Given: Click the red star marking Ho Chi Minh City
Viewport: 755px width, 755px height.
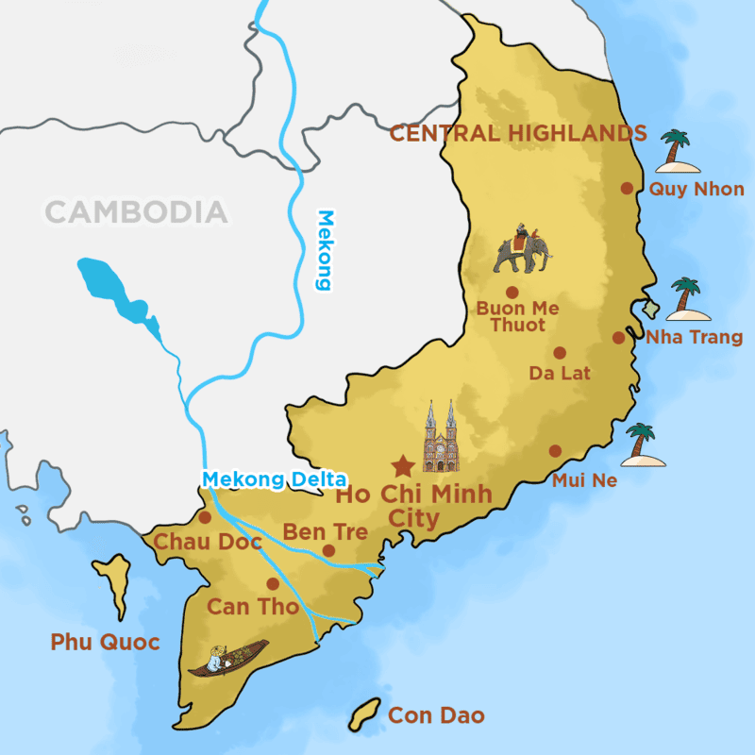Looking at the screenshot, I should coord(403,465).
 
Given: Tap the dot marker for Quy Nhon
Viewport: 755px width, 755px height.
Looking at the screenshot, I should coord(627,188).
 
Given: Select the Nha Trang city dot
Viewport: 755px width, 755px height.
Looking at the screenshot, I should coord(618,337).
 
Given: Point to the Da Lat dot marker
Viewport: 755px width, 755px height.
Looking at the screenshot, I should coord(560,353).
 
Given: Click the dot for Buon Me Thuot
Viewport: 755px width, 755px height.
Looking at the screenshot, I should coord(512,293).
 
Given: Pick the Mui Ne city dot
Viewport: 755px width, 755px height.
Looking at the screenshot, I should coord(555,450).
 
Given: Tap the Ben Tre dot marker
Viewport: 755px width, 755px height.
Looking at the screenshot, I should coord(328,550).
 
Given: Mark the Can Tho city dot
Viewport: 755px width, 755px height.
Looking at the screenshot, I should coord(273,583).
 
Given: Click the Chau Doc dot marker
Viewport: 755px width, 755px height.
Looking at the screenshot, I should coord(206,517).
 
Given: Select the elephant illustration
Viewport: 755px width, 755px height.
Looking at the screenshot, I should coord(522,249).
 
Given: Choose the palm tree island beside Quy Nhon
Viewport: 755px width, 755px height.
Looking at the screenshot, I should coord(677,152).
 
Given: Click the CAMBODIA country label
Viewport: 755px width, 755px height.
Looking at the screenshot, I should coord(137,211).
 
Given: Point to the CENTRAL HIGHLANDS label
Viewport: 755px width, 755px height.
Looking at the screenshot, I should coord(518,133).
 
